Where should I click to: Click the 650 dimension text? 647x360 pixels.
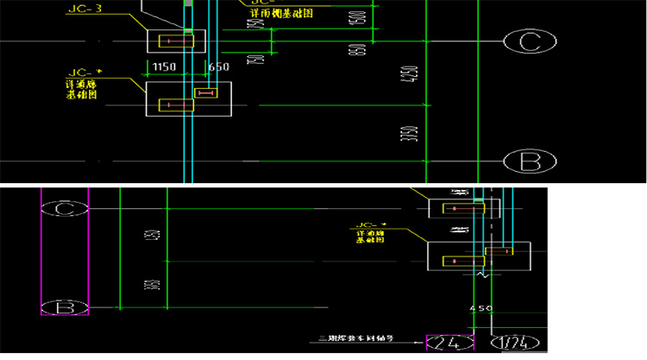pyautogui.click(x=218, y=67)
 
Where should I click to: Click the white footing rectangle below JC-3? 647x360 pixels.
pyautogui.click(x=176, y=41)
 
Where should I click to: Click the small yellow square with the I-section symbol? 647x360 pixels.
pyautogui.click(x=206, y=92)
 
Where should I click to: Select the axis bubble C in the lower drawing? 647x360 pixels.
pyautogui.click(x=65, y=209)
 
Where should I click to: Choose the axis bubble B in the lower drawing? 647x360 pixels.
pyautogui.click(x=65, y=307)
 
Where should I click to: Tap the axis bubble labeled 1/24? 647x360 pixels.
pyautogui.click(x=518, y=343)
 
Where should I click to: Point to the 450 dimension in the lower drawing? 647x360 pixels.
pyautogui.click(x=481, y=308)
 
